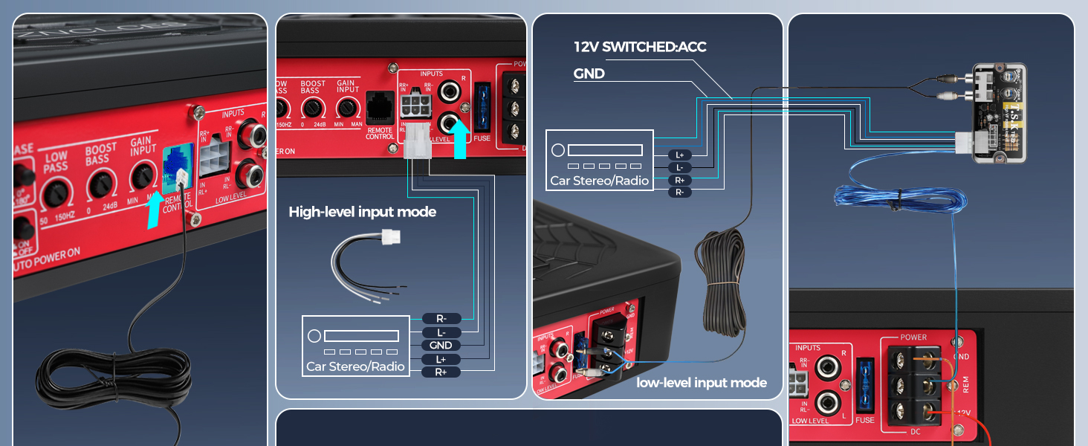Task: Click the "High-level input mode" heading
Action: pyautogui.click(x=362, y=212)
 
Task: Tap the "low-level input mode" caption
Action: pyautogui.click(x=701, y=383)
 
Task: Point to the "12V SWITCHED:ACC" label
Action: pyautogui.click(x=640, y=47)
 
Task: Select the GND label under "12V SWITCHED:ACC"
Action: pyautogui.click(x=589, y=74)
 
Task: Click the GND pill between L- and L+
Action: pyautogui.click(x=441, y=345)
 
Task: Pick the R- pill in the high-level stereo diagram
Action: pyautogui.click(x=441, y=318)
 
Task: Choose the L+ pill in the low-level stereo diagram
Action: pyautogui.click(x=679, y=155)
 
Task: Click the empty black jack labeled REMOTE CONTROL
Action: pyautogui.click(x=379, y=108)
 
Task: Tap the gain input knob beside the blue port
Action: pyautogui.click(x=142, y=177)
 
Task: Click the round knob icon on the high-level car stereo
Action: pyautogui.click(x=314, y=335)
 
